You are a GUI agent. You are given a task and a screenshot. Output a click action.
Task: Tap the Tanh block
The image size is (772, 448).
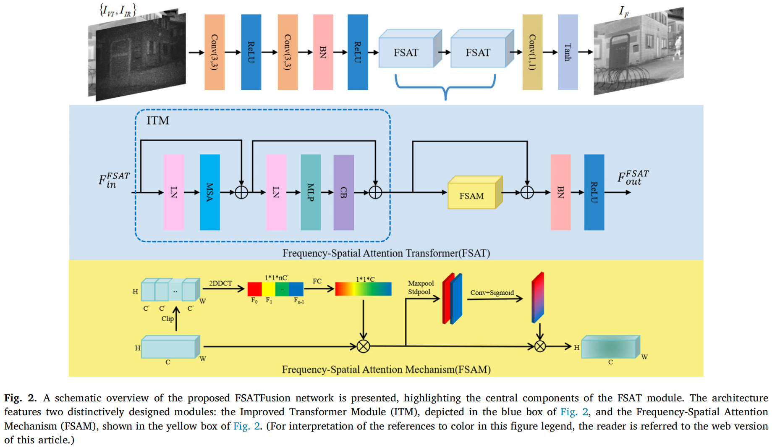(568, 52)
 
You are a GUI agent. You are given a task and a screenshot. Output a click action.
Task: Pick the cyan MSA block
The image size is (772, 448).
(209, 192)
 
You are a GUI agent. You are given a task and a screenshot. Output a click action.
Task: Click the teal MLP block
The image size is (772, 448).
(311, 192)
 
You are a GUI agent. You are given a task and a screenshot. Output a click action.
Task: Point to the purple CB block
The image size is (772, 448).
(343, 192)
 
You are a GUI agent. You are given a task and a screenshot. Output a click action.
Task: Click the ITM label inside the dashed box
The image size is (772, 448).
(158, 121)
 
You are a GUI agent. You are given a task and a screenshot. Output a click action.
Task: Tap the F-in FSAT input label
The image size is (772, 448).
(114, 180)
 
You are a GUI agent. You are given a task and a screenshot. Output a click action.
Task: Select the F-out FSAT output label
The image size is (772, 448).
(633, 178)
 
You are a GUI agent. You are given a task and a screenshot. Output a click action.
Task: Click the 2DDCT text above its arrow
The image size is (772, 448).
(220, 283)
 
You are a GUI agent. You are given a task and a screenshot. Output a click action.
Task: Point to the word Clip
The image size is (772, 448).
(167, 319)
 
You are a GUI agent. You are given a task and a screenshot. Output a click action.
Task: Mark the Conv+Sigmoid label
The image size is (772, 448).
(492, 293)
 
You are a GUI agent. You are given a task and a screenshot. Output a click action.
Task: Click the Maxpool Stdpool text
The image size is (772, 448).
(420, 288)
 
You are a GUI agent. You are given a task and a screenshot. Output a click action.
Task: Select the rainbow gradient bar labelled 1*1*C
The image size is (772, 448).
(363, 289)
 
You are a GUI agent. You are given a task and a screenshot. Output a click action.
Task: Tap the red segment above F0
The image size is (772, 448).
(254, 289)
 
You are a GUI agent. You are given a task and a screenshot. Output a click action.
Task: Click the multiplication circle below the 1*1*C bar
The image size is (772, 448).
(363, 346)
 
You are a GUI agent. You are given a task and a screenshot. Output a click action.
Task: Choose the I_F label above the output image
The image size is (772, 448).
(624, 12)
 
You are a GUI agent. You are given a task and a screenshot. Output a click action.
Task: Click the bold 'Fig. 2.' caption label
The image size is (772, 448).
(20, 398)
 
